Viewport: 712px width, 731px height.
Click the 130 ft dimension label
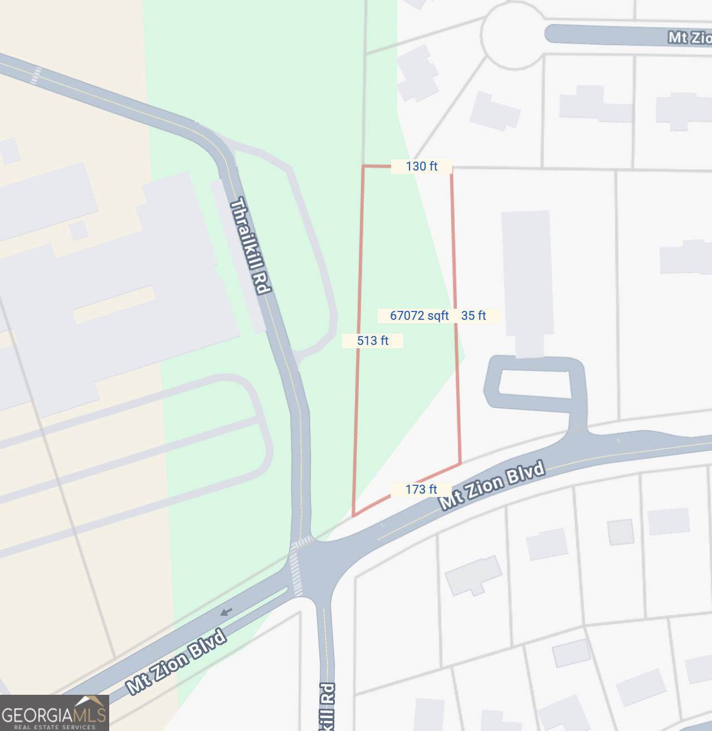[421, 166]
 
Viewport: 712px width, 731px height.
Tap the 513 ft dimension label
[372, 340]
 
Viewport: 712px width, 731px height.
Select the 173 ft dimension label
[421, 489]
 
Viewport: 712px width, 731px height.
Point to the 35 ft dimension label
[474, 315]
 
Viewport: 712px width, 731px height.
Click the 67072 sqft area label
[419, 315]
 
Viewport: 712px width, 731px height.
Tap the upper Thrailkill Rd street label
[250, 245]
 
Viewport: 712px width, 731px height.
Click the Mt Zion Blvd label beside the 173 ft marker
[492, 485]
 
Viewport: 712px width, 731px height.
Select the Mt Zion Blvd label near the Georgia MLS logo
[177, 661]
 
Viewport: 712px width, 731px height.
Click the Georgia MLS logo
[54, 713]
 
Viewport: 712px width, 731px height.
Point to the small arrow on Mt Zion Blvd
[226, 612]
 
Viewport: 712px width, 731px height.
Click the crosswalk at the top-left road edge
[36, 75]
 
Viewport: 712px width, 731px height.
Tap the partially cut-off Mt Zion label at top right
[690, 37]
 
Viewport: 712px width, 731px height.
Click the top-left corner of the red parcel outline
[363, 166]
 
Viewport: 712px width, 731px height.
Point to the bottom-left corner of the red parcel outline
[353, 515]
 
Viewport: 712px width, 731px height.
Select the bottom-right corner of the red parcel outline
[460, 463]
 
